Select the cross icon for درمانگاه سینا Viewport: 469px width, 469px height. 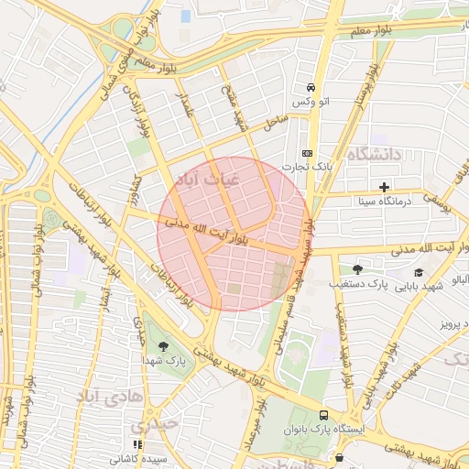pyautogui.click(x=385, y=187)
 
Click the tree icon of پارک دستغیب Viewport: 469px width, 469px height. pyautogui.click(x=357, y=269)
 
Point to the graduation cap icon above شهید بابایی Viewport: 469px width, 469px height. pyautogui.click(x=419, y=272)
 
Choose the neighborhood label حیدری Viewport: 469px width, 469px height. pyautogui.click(x=150, y=426)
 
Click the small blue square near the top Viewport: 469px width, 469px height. pyautogui.click(x=186, y=16)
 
